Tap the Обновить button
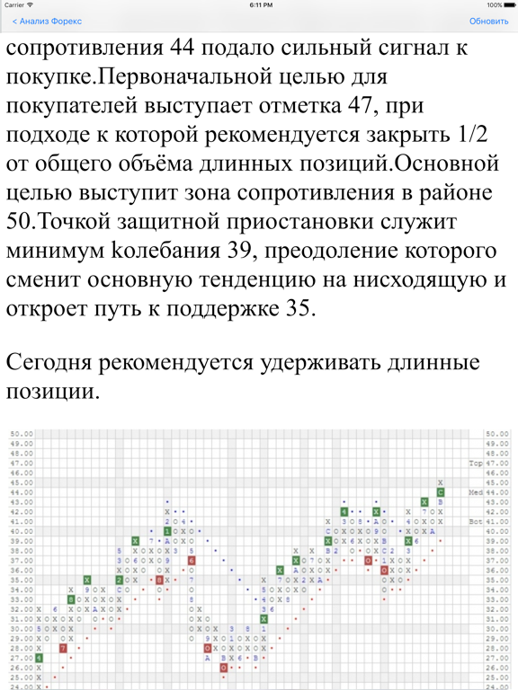coord(488,21)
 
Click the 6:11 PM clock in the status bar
coord(260,4)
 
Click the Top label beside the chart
coord(476,463)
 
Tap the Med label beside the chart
coord(476,492)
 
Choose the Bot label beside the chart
coord(476,521)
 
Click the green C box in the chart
coord(441,492)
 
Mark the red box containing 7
coord(63,647)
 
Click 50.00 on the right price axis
coord(496,433)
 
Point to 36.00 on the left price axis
coord(22,570)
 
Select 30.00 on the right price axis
coord(496,628)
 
